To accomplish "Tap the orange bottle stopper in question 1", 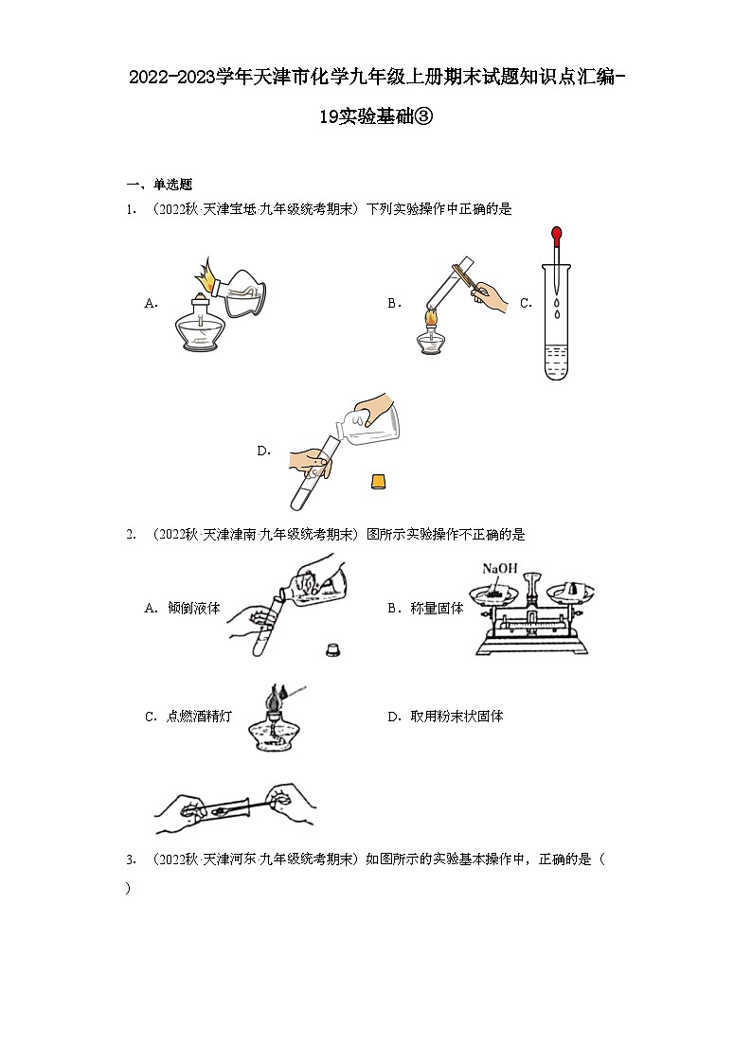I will pos(378,481).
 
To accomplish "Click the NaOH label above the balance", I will pos(498,568).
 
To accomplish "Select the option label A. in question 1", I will pos(151,303).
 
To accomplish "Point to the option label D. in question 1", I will pos(264,452).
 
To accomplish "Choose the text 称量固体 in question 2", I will pos(438,609).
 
